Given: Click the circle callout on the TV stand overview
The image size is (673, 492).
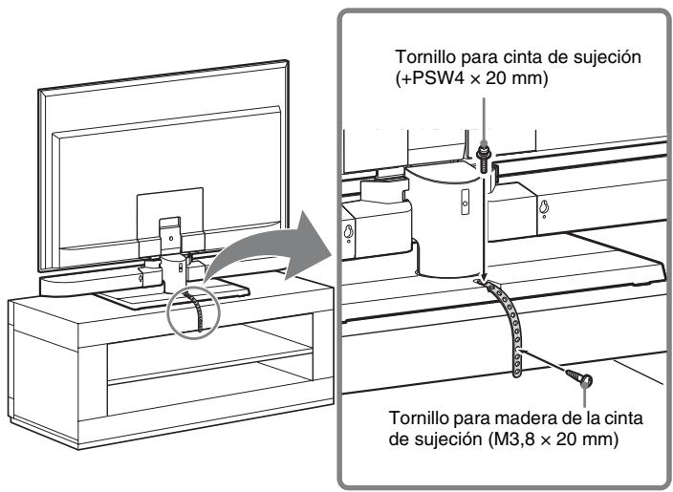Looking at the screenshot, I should coord(189,306).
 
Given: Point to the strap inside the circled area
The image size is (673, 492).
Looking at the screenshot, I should coord(189,310).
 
